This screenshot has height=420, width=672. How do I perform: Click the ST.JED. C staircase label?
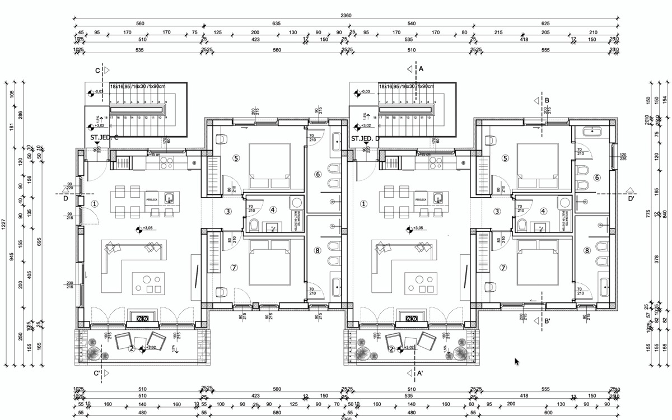click(104, 137)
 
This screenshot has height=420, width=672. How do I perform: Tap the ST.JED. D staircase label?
click(366, 137)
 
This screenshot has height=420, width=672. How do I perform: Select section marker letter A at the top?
click(421, 69)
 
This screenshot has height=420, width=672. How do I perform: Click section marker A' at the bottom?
click(421, 372)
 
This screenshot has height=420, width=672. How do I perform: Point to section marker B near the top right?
click(547, 101)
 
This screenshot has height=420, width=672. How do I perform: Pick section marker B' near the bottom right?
click(547, 321)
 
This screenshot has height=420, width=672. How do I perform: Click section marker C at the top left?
click(97, 71)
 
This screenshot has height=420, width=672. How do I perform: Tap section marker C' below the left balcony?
click(97, 372)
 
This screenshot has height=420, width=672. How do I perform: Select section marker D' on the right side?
click(631, 198)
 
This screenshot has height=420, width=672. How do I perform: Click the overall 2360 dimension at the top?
click(346, 16)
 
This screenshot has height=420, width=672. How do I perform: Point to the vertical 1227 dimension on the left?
click(5, 224)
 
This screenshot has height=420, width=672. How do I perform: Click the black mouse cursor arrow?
click(517, 362)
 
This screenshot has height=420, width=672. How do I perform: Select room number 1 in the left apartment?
click(95, 204)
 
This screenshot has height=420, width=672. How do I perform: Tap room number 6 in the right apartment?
click(597, 178)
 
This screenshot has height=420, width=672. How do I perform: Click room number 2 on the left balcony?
click(132, 348)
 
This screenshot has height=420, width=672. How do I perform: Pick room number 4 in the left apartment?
click(273, 211)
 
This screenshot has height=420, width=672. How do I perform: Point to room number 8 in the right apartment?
click(587, 250)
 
